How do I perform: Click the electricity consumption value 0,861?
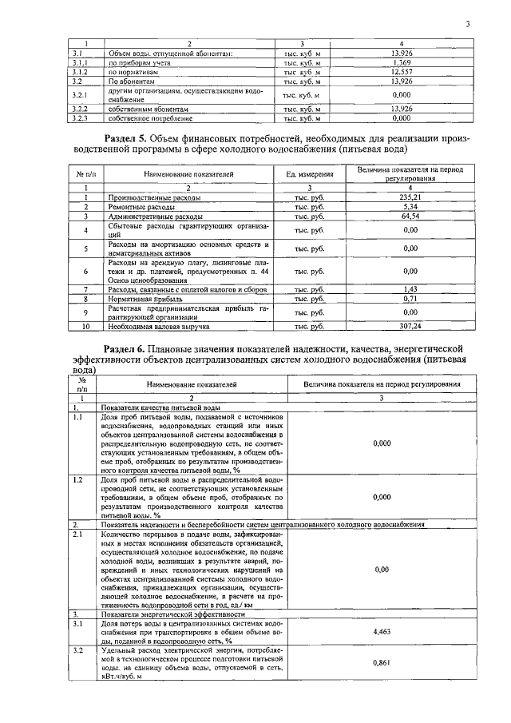tap(382, 662)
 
